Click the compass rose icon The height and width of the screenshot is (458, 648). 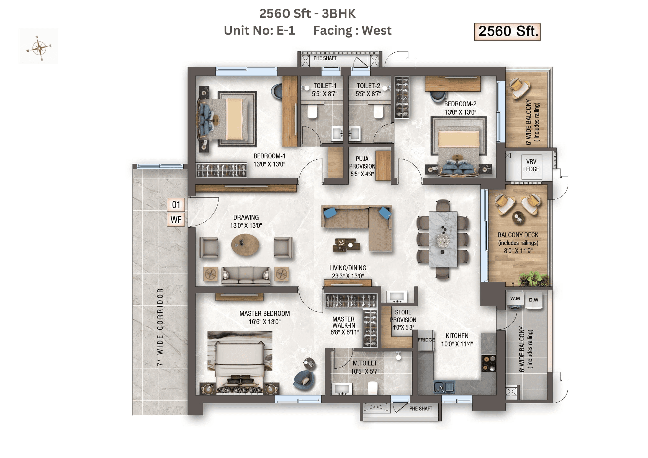point(39,48)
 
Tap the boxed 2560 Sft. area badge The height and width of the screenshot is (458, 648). point(507,32)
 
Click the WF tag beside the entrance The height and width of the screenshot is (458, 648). point(176,220)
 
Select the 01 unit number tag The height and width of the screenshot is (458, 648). point(176,205)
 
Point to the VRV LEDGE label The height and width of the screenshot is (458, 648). point(531,165)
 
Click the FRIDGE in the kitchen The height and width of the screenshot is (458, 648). point(426,340)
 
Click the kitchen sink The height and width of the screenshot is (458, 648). point(444,388)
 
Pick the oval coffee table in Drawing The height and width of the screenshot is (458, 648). point(245,245)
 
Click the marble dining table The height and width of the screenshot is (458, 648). point(443,239)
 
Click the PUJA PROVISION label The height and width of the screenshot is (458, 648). point(362,166)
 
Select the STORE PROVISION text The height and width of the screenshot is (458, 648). point(403,320)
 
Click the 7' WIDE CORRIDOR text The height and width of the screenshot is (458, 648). point(160,327)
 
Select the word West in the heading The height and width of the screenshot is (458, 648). point(377,30)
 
